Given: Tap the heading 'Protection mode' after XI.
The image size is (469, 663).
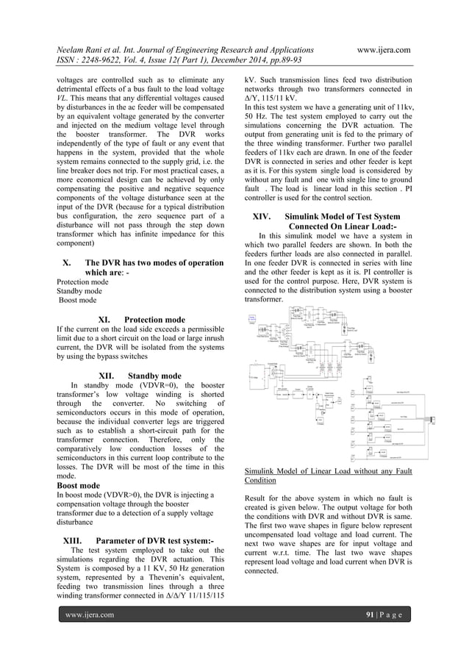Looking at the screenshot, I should (x=154, y=320).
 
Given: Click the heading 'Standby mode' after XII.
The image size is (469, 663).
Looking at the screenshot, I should (x=154, y=376).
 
